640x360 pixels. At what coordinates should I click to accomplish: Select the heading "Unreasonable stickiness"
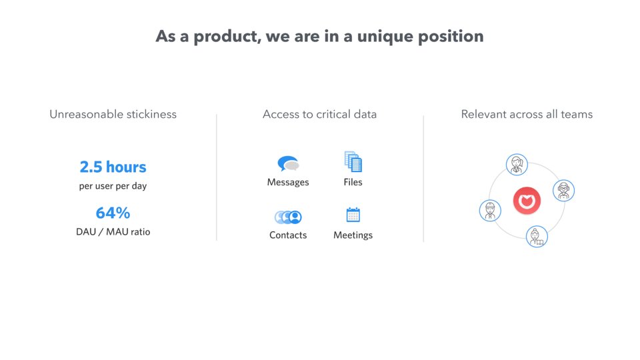point(113,114)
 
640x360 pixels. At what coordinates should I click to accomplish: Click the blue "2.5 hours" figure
point(113,167)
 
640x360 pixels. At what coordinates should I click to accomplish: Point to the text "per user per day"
point(113,186)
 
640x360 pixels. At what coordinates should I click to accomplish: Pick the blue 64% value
point(113,213)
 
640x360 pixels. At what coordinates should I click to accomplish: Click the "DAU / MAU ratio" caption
point(113,232)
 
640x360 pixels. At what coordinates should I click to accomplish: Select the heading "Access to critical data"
point(319,114)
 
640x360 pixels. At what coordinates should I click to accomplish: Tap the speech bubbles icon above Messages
point(288,164)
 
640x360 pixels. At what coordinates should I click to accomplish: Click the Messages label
point(288,182)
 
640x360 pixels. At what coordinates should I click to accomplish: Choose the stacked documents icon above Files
point(353,161)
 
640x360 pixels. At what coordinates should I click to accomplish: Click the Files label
point(353,182)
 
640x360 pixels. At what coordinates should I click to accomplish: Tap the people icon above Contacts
point(288,217)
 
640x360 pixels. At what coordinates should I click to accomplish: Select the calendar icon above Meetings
point(353,215)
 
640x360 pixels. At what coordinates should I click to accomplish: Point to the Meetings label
point(353,235)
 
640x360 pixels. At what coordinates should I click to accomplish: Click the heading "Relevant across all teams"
point(527,114)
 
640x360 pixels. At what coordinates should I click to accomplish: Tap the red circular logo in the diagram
point(527,201)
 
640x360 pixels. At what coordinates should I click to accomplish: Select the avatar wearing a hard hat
point(490,211)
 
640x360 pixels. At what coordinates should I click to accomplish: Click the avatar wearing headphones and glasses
point(564,190)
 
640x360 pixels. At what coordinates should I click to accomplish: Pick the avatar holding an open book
point(537,236)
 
